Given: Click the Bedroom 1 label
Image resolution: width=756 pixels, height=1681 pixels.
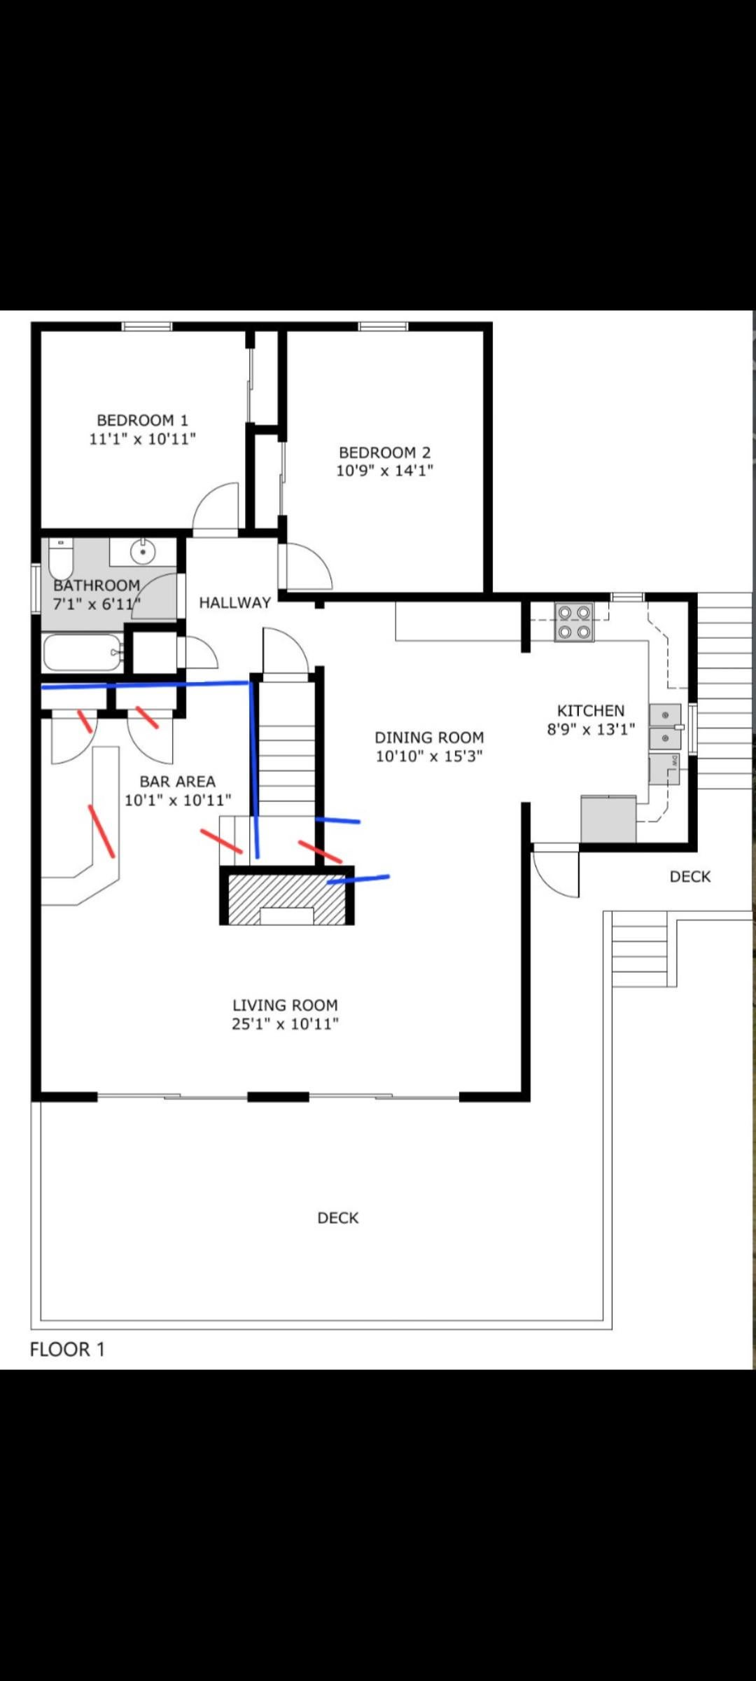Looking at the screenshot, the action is [x=142, y=420].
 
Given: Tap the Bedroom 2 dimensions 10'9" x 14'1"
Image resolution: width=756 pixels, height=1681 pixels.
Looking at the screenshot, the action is [x=384, y=471].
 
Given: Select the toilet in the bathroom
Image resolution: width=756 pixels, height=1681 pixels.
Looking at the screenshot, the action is [x=61, y=558].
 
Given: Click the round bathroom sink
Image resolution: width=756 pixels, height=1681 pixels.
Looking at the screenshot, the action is [x=143, y=552].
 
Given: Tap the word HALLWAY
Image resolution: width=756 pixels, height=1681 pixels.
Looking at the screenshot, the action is [x=234, y=602].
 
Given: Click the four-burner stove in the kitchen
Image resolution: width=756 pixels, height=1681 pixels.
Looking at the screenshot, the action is [x=574, y=622].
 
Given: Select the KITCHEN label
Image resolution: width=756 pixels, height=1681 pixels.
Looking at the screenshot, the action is [x=591, y=711].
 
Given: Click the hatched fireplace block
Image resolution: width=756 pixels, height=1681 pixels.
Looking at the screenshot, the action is [x=288, y=899].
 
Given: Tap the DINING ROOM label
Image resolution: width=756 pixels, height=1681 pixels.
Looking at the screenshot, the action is [x=429, y=738].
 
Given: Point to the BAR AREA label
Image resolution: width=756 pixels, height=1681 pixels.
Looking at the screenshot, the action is [x=177, y=782].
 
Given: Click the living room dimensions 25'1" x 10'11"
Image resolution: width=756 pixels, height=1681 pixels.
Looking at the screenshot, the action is [x=285, y=1024].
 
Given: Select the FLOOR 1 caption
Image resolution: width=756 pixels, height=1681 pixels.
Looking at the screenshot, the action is [x=67, y=1350].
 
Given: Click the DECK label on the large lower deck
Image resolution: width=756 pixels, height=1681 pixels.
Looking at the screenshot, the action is [x=338, y=1218].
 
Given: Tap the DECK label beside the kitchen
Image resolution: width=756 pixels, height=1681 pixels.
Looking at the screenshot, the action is [x=690, y=877].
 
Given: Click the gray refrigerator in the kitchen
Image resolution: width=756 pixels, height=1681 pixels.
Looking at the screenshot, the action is [x=608, y=819].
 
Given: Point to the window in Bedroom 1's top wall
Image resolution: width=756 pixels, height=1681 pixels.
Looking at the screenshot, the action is [x=147, y=326].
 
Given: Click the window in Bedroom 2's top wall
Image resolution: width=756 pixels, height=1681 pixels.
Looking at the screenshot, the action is [x=383, y=326].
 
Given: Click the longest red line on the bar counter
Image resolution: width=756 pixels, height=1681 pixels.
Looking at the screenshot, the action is [x=101, y=831].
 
